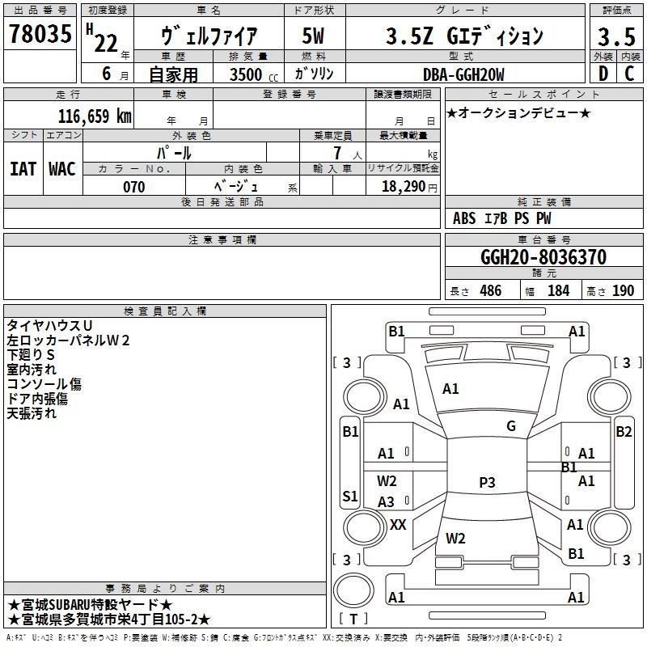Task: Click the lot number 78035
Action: pos(40,33)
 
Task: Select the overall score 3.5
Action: pos(616,36)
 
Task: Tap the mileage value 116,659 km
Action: pos(95,116)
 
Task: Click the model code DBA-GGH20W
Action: pos(463,74)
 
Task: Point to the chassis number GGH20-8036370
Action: pos(543,257)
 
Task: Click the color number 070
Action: pos(134,187)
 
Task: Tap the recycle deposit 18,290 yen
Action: pos(409,187)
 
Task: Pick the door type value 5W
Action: pos(313,36)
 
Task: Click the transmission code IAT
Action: pos(23,169)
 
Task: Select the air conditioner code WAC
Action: pos(62,169)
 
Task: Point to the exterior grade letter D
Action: pos(603,74)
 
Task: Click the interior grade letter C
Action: pos(629,74)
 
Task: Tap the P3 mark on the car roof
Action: pos(487,482)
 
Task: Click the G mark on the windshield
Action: pos(511,426)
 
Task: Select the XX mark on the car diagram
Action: pos(398,525)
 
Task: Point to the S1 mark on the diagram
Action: pos(350,496)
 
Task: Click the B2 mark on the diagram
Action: pos(624,432)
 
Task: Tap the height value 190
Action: pos(623,291)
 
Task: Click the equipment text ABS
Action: pos(464,218)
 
